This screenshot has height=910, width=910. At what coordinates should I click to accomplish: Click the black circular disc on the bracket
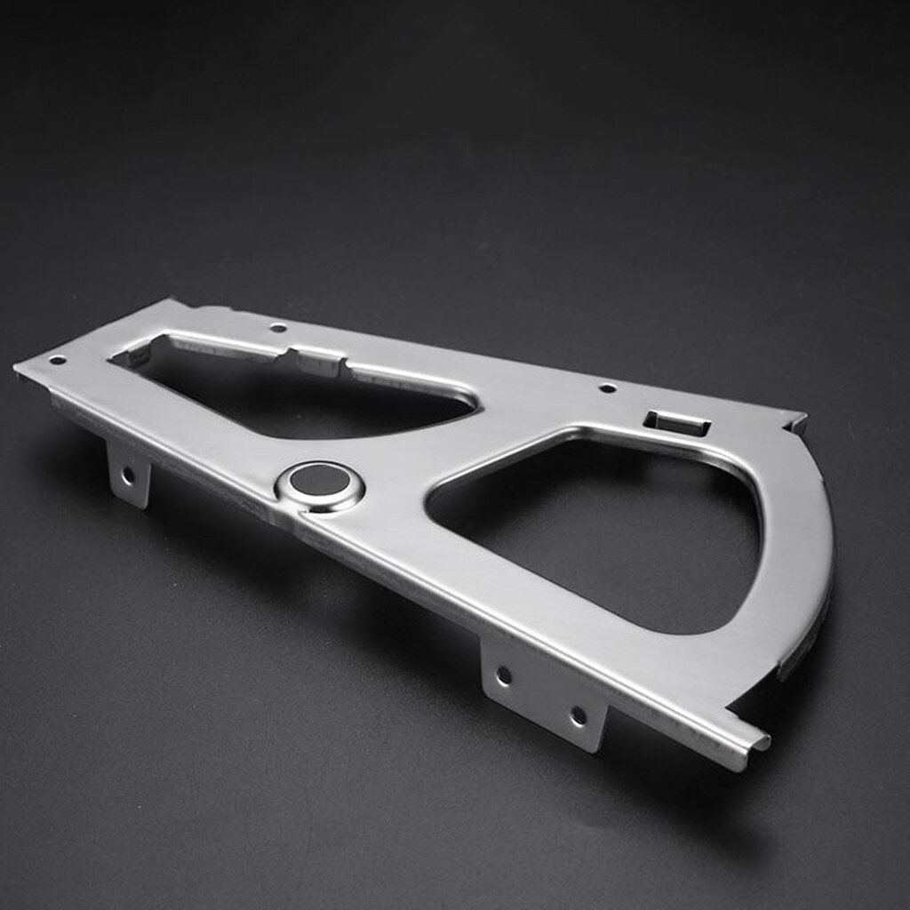coord(320,480)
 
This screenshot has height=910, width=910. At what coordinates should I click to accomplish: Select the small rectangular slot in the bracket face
coord(677,423)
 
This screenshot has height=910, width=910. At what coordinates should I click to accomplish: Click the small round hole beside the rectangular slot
coord(607,387)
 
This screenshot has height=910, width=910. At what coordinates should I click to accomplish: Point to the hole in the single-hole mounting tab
coord(128,475)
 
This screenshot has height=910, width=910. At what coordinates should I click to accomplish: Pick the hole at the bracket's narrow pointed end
coord(57,360)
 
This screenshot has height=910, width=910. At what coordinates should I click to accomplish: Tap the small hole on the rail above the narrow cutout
coord(278,328)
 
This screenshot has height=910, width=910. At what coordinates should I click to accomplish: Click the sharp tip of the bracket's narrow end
coord(18,366)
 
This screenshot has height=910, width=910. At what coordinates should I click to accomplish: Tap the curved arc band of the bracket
coord(800,551)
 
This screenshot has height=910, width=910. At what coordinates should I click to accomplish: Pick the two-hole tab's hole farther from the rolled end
coord(504,675)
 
